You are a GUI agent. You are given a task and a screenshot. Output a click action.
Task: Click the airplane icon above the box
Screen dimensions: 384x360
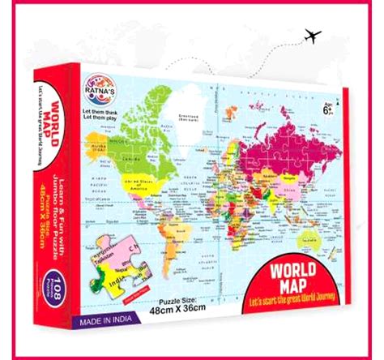coord(310,36)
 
